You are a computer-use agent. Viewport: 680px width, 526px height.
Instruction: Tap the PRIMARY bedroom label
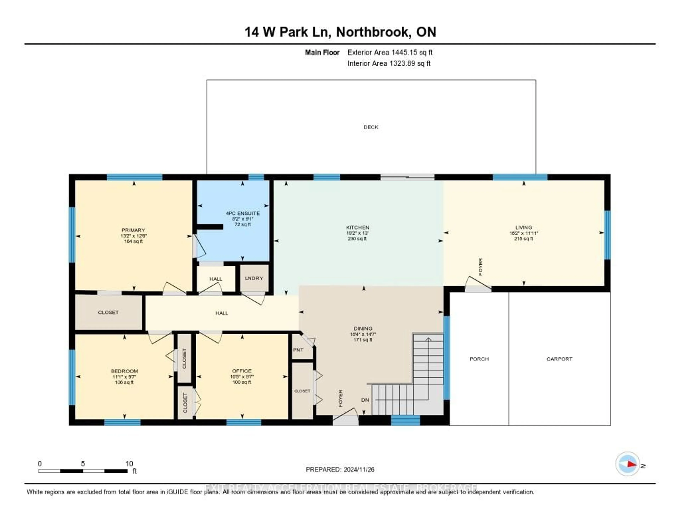point(133,230)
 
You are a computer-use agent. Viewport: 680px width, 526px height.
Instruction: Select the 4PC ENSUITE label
point(243,213)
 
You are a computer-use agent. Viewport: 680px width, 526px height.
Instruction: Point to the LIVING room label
point(523,227)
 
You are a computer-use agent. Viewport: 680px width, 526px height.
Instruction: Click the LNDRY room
point(254,278)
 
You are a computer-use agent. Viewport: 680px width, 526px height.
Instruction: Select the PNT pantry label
point(298,350)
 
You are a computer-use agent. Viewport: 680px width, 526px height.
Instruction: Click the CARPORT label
point(560,359)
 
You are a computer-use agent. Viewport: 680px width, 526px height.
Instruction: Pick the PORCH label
point(479,359)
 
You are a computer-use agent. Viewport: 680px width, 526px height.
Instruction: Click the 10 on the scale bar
point(129,464)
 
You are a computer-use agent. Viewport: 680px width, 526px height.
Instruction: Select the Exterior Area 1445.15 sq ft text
point(390,52)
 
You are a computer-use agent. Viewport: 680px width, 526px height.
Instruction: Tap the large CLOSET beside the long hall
point(108,312)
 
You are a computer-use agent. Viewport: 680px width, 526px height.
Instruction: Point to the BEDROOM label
point(124,371)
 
